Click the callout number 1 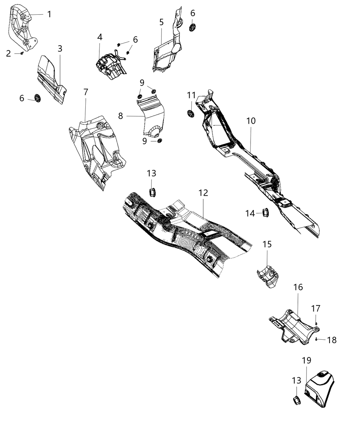click(49, 14)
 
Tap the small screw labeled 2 click(22, 53)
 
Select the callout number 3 click(60, 49)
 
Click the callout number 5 click(161, 22)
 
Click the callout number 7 click(86, 92)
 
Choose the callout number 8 click(121, 116)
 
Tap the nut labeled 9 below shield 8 click(159, 141)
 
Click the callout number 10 click(251, 121)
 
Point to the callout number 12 click(203, 193)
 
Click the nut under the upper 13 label click(152, 192)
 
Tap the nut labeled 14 click(265, 213)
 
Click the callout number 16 click(298, 287)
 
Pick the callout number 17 click(316, 309)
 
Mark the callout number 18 click(332, 340)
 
